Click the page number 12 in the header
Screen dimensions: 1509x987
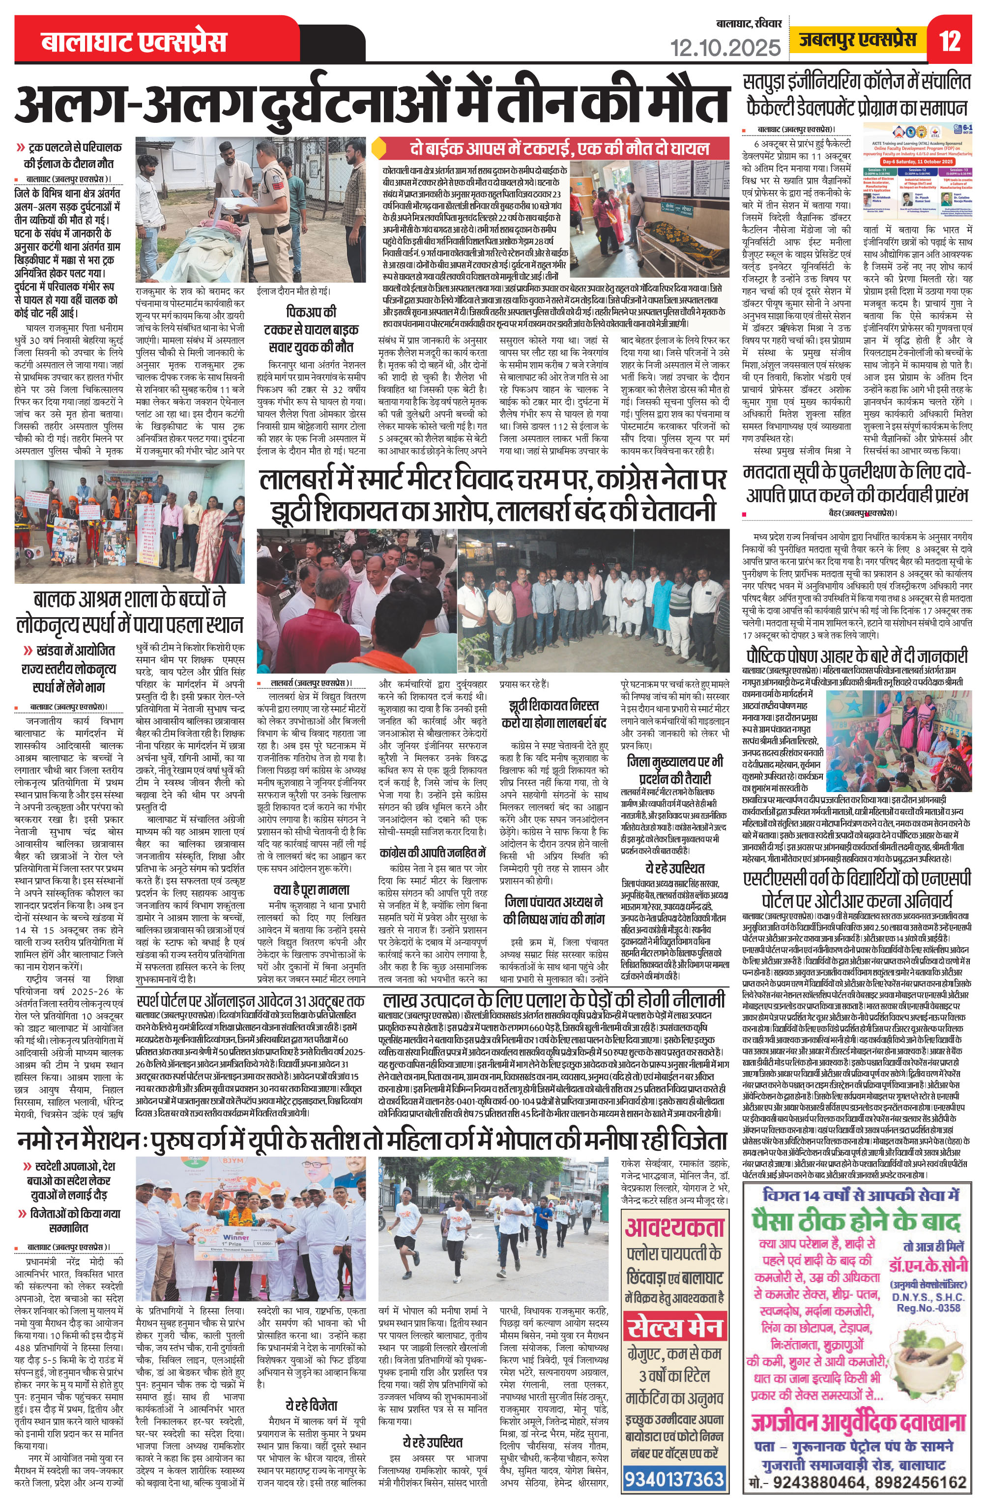tap(950, 42)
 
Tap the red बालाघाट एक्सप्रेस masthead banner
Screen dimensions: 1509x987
tap(134, 42)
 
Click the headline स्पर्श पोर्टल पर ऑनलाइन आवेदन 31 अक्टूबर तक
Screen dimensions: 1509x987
tap(251, 1001)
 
